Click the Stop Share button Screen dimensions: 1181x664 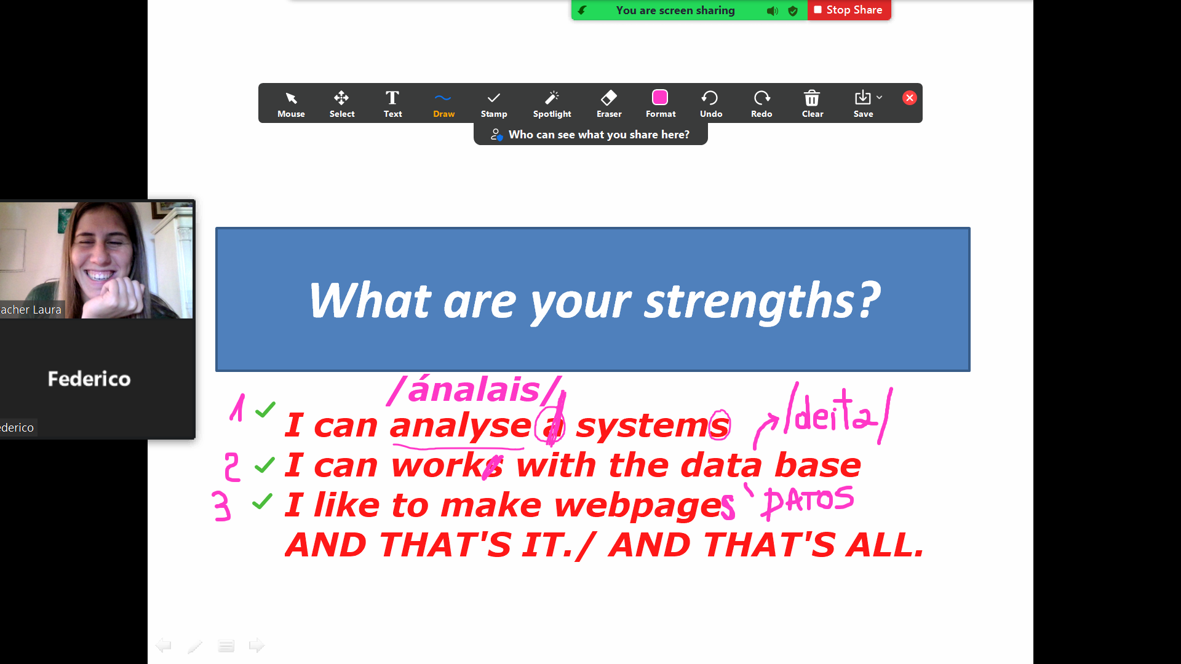pyautogui.click(x=849, y=10)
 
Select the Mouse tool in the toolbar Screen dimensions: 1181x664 pyautogui.click(x=291, y=104)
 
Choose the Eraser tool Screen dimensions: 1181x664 pyautogui.click(x=609, y=104)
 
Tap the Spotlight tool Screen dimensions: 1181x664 pyautogui.click(x=552, y=104)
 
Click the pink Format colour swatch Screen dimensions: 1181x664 pyautogui.click(x=660, y=98)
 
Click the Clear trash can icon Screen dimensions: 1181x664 pyautogui.click(x=812, y=98)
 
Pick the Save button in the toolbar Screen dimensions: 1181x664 pyautogui.click(x=863, y=104)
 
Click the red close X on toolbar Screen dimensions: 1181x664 pyautogui.click(x=910, y=98)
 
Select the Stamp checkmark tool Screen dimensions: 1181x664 pyautogui.click(x=494, y=104)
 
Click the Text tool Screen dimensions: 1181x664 pyautogui.click(x=392, y=104)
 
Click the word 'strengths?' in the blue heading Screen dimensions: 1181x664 pyautogui.click(x=763, y=301)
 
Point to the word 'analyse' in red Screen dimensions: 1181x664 pyautogui.click(x=460, y=425)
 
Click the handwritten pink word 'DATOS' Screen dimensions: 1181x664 pyautogui.click(x=808, y=500)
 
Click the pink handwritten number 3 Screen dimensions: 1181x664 pyautogui.click(x=221, y=506)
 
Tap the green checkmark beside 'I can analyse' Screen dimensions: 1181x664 pyautogui.click(x=265, y=409)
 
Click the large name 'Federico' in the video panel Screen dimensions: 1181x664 pyautogui.click(x=89, y=379)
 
